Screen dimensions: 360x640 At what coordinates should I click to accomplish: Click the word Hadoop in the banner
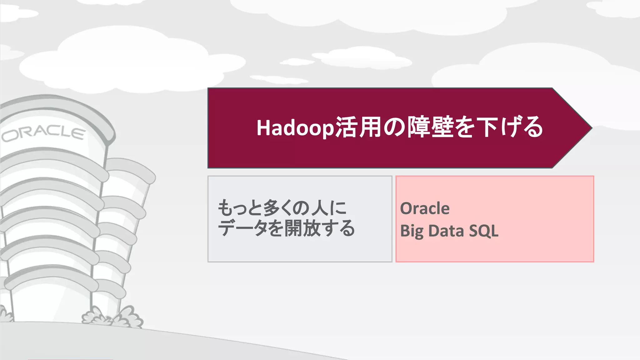click(x=295, y=128)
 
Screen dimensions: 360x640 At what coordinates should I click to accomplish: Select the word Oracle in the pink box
click(x=425, y=208)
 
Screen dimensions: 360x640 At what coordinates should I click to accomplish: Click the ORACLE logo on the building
click(x=43, y=133)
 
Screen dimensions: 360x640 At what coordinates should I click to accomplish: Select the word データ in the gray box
click(x=242, y=228)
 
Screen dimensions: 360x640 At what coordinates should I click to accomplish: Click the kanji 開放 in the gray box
click(x=302, y=228)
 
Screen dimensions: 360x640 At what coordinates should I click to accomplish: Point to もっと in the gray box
click(x=239, y=208)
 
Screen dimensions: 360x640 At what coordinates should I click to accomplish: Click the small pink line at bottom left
click(x=70, y=359)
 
